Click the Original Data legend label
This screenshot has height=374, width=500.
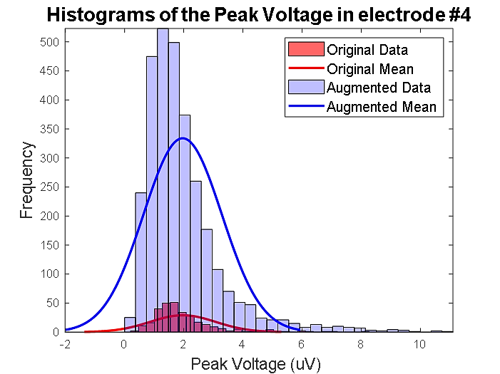(367, 51)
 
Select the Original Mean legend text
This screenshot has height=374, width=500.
(369, 70)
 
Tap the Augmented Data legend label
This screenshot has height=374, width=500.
(378, 88)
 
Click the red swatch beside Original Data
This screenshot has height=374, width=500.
(305, 51)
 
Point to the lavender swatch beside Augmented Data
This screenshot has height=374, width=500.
(305, 88)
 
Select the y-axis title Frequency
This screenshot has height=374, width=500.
(27, 180)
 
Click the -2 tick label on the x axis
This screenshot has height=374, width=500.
(65, 343)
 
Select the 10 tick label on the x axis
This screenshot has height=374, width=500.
(421, 343)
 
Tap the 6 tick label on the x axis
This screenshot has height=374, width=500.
(302, 343)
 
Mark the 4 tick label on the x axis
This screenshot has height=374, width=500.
(243, 343)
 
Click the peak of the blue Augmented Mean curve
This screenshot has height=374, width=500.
(183, 138)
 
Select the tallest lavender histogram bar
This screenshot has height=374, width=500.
(163, 178)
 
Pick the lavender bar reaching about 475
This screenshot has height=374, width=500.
(152, 192)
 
